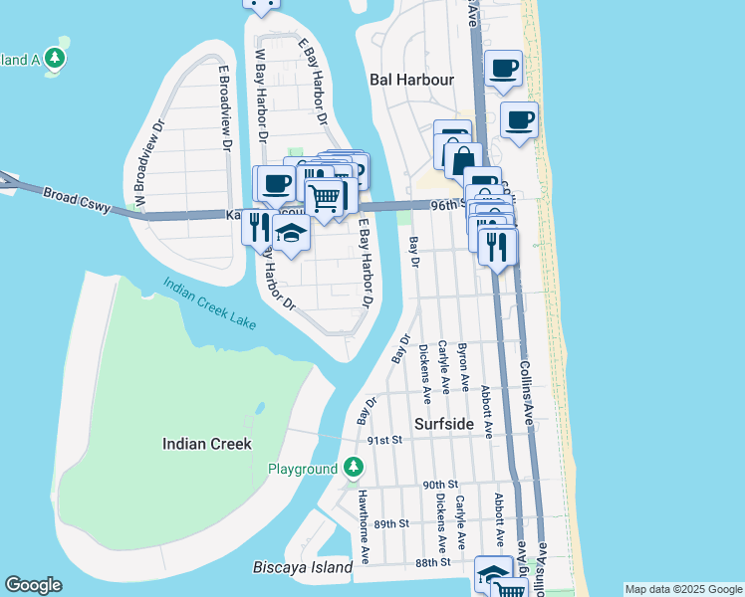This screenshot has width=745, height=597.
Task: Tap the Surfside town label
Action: click(x=444, y=423)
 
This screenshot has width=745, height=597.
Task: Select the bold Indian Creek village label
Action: click(x=207, y=444)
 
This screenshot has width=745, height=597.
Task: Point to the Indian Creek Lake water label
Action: click(x=210, y=302)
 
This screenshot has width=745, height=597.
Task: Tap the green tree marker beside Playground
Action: click(x=353, y=467)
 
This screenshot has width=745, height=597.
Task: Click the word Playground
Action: click(x=303, y=469)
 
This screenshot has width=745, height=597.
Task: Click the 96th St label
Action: click(x=448, y=204)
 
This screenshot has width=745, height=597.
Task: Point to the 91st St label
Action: click(x=383, y=439)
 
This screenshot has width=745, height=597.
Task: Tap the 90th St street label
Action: click(x=438, y=485)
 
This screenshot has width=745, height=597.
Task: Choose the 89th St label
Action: click(x=391, y=523)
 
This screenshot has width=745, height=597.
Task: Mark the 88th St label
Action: click(x=433, y=562)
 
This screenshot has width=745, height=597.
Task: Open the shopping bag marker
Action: click(x=463, y=158)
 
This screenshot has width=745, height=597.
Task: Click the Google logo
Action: click(x=33, y=585)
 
